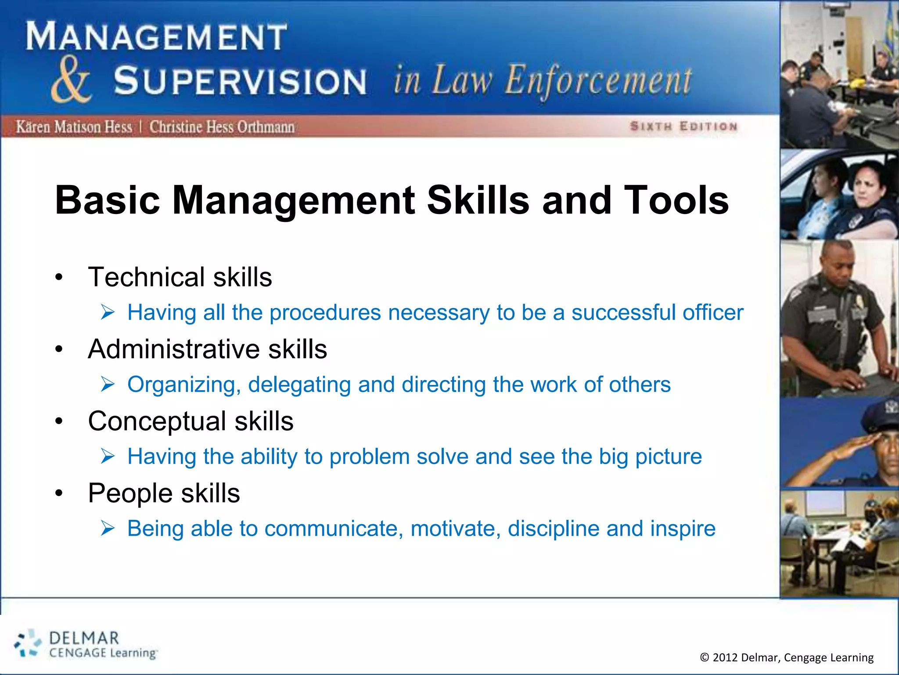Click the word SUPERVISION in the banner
(240, 81)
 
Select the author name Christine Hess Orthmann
(222, 127)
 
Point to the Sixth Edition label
(683, 127)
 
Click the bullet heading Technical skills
(180, 277)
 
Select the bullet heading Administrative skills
(207, 349)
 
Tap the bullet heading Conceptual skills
(191, 421)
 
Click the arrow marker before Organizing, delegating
(108, 384)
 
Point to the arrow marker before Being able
(108, 528)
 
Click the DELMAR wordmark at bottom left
(84, 638)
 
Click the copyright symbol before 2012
(704, 657)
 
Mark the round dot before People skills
(59, 494)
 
